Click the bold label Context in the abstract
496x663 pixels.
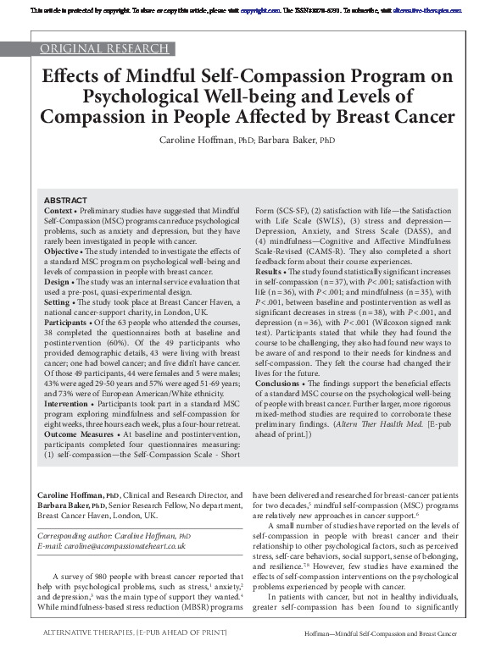pos(58,209)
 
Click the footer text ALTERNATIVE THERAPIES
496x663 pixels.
pos(86,656)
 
